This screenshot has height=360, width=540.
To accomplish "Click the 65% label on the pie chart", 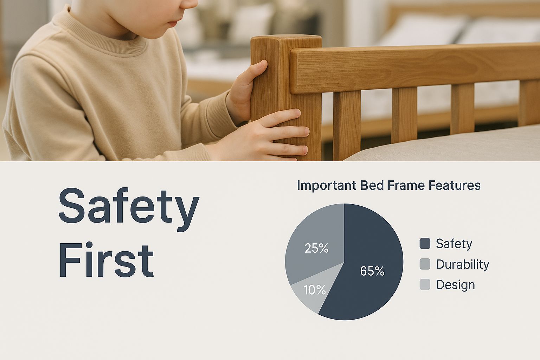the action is click(x=372, y=271).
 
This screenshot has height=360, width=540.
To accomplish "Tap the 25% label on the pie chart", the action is click(x=316, y=248).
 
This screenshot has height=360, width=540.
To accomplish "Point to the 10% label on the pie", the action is click(x=315, y=290).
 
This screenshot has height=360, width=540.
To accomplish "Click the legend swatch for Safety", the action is click(x=425, y=244).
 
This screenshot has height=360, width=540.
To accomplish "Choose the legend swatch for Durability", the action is click(x=425, y=264).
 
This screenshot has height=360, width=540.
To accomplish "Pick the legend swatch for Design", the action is click(x=425, y=284).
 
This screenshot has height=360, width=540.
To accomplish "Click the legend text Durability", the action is click(x=462, y=265).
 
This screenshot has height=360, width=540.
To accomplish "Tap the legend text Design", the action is click(x=455, y=285).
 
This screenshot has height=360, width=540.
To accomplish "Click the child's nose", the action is click(x=191, y=6).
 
